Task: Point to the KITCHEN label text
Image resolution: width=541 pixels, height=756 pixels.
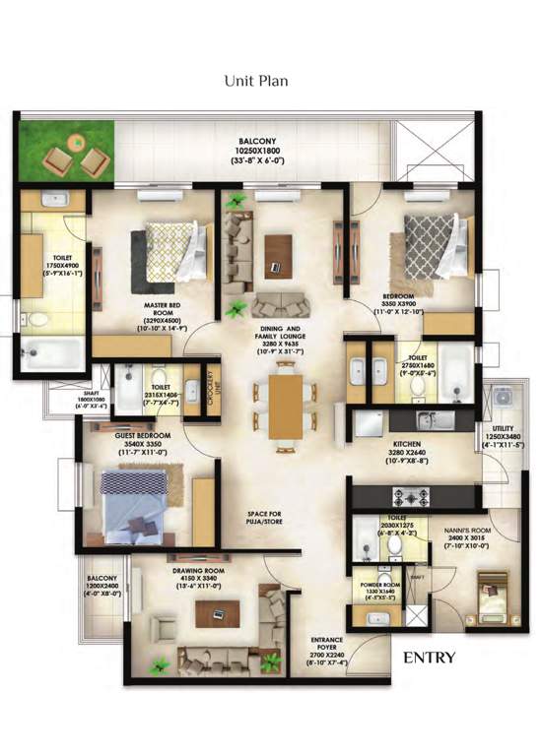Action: pyautogui.click(x=409, y=445)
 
